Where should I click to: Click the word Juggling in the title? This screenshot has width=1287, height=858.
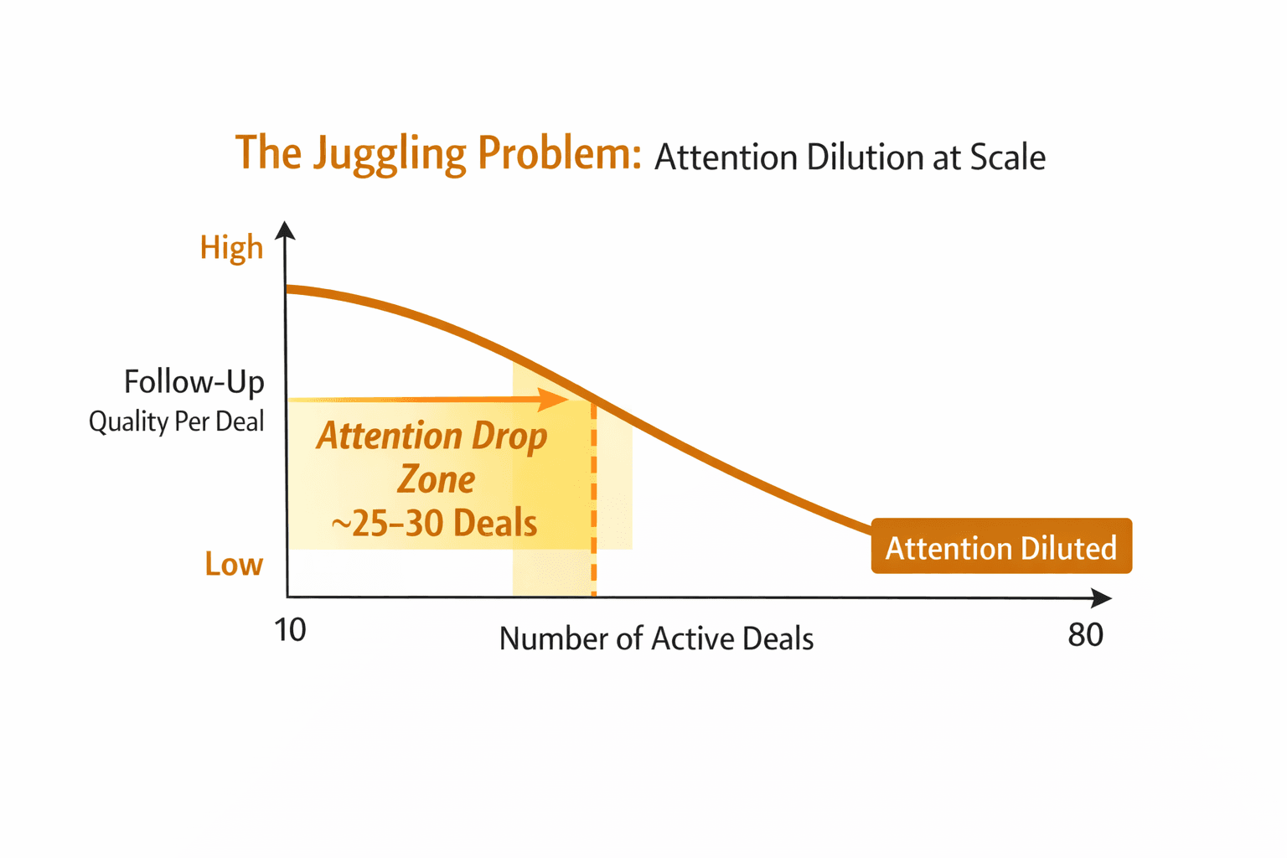point(389,154)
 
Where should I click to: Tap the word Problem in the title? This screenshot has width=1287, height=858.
point(559,154)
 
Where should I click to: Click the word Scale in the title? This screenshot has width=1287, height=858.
point(1008,158)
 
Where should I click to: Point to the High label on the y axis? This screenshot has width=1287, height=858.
point(231,248)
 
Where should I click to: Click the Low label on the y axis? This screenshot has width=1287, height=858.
point(234,565)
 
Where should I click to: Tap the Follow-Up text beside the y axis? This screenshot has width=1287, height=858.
point(194,382)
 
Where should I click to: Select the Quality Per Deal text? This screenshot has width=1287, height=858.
point(177,421)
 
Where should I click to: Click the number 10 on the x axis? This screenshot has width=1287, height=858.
point(290,630)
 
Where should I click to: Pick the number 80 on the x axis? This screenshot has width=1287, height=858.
point(1085,635)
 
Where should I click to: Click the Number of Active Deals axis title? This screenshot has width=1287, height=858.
point(656,639)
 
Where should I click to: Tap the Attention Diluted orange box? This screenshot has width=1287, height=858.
point(1001,547)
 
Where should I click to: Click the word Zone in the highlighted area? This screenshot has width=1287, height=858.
point(437,480)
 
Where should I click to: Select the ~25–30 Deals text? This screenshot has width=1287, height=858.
point(434,524)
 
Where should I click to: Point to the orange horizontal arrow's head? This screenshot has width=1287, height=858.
point(555,400)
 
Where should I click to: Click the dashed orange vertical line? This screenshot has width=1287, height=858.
point(594,503)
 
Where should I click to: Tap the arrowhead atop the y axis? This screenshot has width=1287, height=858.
point(286,230)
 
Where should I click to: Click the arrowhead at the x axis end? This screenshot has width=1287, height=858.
point(1102,597)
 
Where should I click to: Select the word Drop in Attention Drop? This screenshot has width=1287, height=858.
point(509,436)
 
